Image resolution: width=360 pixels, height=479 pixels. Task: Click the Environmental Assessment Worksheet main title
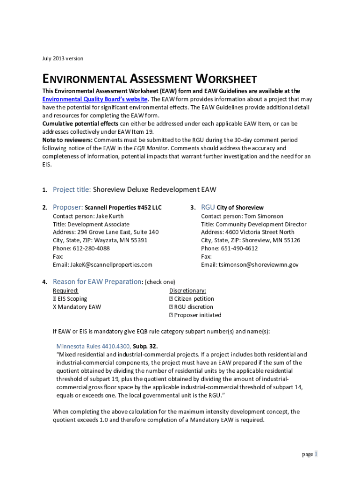coord(150,79)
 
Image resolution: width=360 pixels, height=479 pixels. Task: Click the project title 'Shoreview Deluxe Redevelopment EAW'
coord(154,189)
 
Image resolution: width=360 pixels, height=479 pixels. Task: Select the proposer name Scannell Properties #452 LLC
coord(123,208)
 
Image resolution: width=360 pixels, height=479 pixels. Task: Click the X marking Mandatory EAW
coord(54,307)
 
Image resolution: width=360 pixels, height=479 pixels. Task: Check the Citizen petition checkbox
coord(171,299)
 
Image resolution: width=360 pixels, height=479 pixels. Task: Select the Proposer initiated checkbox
coord(171,315)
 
